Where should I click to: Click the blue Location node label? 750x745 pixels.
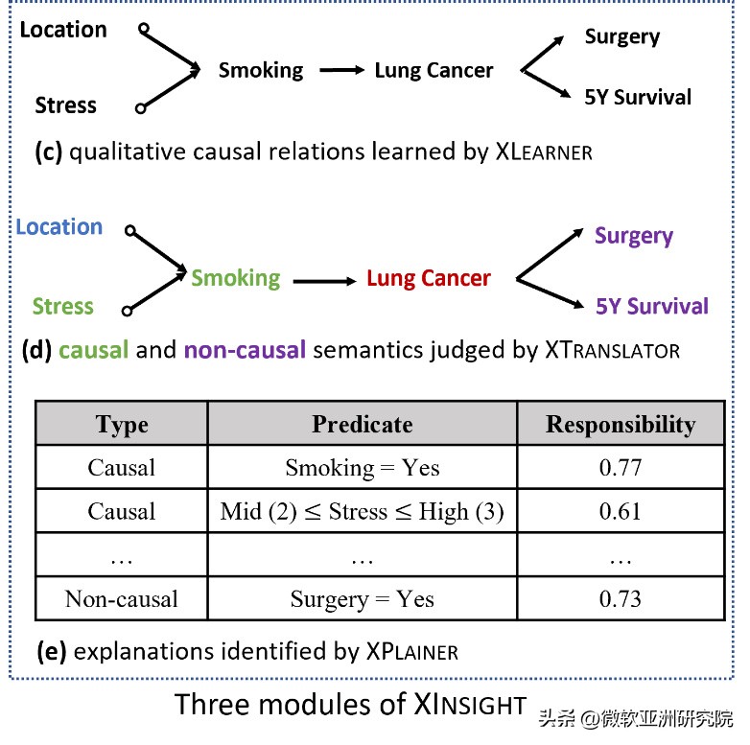[x=59, y=227]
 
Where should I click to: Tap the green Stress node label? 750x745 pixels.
[x=63, y=307]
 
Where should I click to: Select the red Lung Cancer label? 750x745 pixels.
[x=428, y=279]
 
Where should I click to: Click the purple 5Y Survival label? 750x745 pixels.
[x=652, y=307]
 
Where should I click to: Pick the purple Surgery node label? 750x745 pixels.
[x=634, y=236]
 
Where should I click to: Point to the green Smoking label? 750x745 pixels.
[x=236, y=279]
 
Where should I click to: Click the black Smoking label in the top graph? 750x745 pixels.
[x=261, y=70]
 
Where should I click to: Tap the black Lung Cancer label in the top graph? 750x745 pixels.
[x=434, y=71]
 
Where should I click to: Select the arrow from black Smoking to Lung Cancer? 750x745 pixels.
[x=342, y=71]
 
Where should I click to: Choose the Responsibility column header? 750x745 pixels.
[x=621, y=424]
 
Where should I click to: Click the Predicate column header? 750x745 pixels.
[x=362, y=424]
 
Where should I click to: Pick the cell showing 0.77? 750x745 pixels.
[x=621, y=468]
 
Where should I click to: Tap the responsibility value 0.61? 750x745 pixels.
[x=621, y=511]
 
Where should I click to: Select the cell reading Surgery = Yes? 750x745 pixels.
[x=362, y=599]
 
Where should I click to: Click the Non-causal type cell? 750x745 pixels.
[x=122, y=599]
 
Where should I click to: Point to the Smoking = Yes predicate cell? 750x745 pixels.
[x=362, y=468]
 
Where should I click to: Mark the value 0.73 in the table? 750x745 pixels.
[x=621, y=599]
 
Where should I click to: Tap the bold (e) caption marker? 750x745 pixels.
[x=51, y=652]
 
